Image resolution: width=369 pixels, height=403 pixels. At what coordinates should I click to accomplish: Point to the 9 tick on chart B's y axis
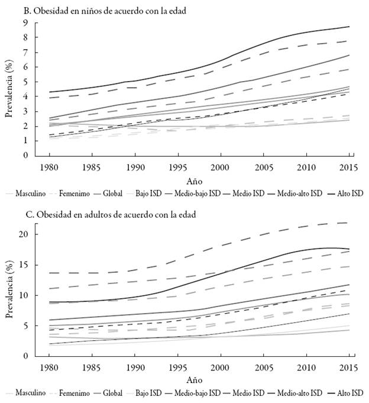[27, 23]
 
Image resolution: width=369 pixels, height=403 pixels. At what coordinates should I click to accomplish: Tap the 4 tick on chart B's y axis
[27, 96]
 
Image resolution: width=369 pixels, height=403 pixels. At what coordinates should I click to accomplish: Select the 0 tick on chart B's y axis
[27, 156]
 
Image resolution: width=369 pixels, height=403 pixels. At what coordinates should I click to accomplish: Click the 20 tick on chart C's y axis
[24, 234]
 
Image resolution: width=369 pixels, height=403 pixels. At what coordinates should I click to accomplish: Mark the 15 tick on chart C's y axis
[24, 265]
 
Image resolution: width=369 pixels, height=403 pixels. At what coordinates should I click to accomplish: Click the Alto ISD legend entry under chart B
[349, 193]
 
